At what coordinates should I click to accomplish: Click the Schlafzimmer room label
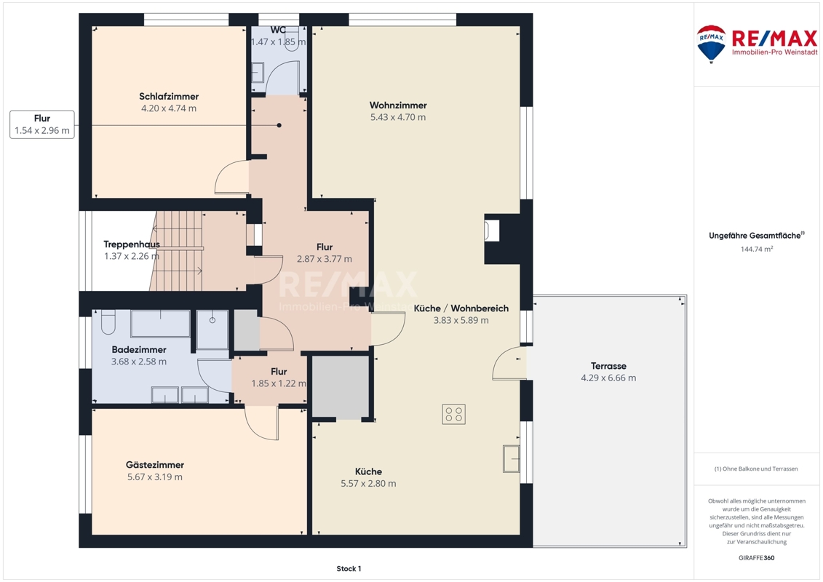click(169, 97)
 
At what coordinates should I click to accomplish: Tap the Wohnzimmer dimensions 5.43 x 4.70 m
click(398, 117)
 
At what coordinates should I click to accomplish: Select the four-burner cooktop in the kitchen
click(453, 414)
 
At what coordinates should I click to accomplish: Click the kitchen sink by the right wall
click(511, 458)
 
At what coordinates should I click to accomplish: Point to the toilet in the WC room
click(298, 39)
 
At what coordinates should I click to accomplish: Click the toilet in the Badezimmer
click(108, 322)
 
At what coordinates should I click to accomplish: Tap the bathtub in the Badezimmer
click(160, 324)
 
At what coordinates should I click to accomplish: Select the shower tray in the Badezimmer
click(212, 330)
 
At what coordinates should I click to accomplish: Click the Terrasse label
click(608, 366)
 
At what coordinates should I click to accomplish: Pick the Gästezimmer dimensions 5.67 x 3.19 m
click(155, 477)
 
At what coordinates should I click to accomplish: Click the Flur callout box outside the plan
click(42, 124)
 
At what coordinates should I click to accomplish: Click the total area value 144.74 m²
click(756, 250)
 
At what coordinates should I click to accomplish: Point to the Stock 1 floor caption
click(349, 568)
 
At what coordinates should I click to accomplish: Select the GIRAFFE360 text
click(756, 558)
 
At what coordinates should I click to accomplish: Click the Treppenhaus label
click(131, 244)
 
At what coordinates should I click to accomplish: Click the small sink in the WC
click(258, 73)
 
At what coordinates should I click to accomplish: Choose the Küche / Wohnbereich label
click(461, 308)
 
